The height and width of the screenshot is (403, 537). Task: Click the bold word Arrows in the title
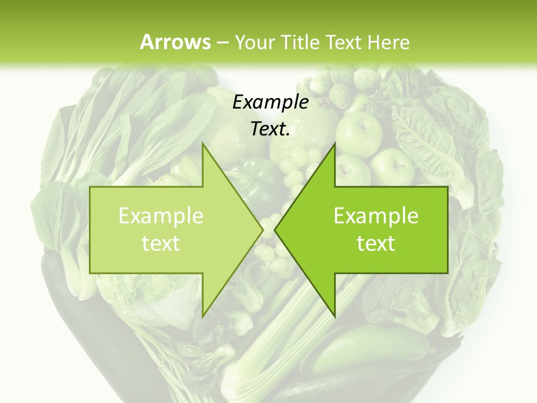[x=175, y=42]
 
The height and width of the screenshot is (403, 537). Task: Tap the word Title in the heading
[x=300, y=42]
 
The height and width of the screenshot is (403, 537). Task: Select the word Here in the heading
[x=389, y=42]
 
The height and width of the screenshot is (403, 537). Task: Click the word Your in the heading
[x=255, y=43]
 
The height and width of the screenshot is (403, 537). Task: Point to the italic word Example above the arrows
[x=270, y=102]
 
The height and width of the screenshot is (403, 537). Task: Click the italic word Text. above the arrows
[x=270, y=129]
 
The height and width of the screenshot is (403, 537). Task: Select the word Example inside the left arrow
[x=161, y=216]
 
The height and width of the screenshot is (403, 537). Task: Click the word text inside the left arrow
[x=161, y=243]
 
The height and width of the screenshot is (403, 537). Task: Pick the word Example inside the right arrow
[x=376, y=216]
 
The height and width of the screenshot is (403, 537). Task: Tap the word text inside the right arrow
[x=376, y=243]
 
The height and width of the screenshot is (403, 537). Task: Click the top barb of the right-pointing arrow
[x=204, y=147]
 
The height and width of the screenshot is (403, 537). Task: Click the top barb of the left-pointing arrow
[x=334, y=147]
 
